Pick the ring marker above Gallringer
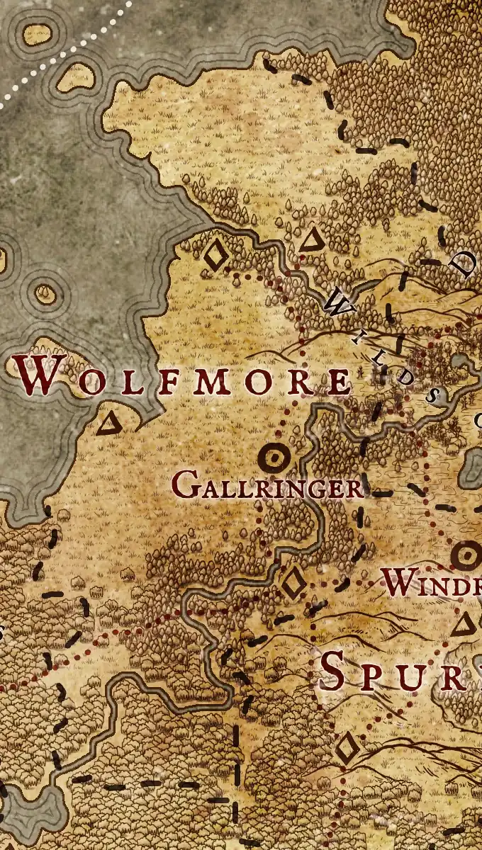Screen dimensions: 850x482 tap(273, 458)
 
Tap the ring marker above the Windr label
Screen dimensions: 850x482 tap(466, 556)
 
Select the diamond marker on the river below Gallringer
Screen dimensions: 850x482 tap(292, 584)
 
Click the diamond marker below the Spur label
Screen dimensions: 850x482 tap(347, 749)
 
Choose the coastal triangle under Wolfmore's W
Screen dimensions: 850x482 tap(109, 424)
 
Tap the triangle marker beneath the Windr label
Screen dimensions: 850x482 tap(464, 625)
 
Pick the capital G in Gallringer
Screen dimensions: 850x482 tap(184, 487)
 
